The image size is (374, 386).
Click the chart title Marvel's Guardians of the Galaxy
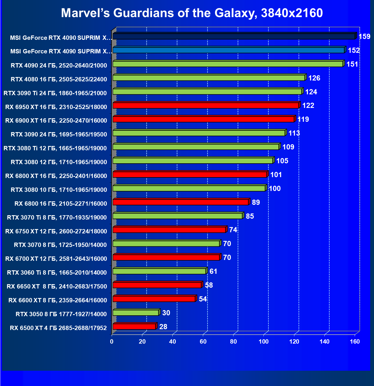pos(192,13)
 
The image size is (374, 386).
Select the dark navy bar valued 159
pos(234,36)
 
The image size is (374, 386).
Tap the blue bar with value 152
pos(229,50)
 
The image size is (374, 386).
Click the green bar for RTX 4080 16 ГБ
pos(209,78)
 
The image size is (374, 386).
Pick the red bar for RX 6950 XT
pos(205,106)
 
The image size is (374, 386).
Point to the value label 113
pos(294,133)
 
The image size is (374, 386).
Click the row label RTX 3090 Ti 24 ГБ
pos(55,93)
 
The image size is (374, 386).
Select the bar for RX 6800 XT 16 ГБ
pos(190,175)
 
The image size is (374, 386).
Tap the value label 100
pos(274,188)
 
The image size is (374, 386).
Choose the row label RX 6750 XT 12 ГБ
pos(56,231)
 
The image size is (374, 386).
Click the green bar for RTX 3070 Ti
pos(177,216)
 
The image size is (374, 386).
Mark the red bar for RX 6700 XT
pos(166,257)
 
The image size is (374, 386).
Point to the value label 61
pos(213,271)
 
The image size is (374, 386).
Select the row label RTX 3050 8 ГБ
pos(61,314)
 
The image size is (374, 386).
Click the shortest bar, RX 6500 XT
pos(134,327)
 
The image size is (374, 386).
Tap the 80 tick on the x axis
pos(233,342)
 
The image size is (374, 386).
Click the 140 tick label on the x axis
pos(325,342)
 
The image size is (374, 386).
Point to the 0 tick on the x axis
pos(112,342)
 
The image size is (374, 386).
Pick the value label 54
pos(203,299)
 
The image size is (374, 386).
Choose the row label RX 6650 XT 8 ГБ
pos(57,286)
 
